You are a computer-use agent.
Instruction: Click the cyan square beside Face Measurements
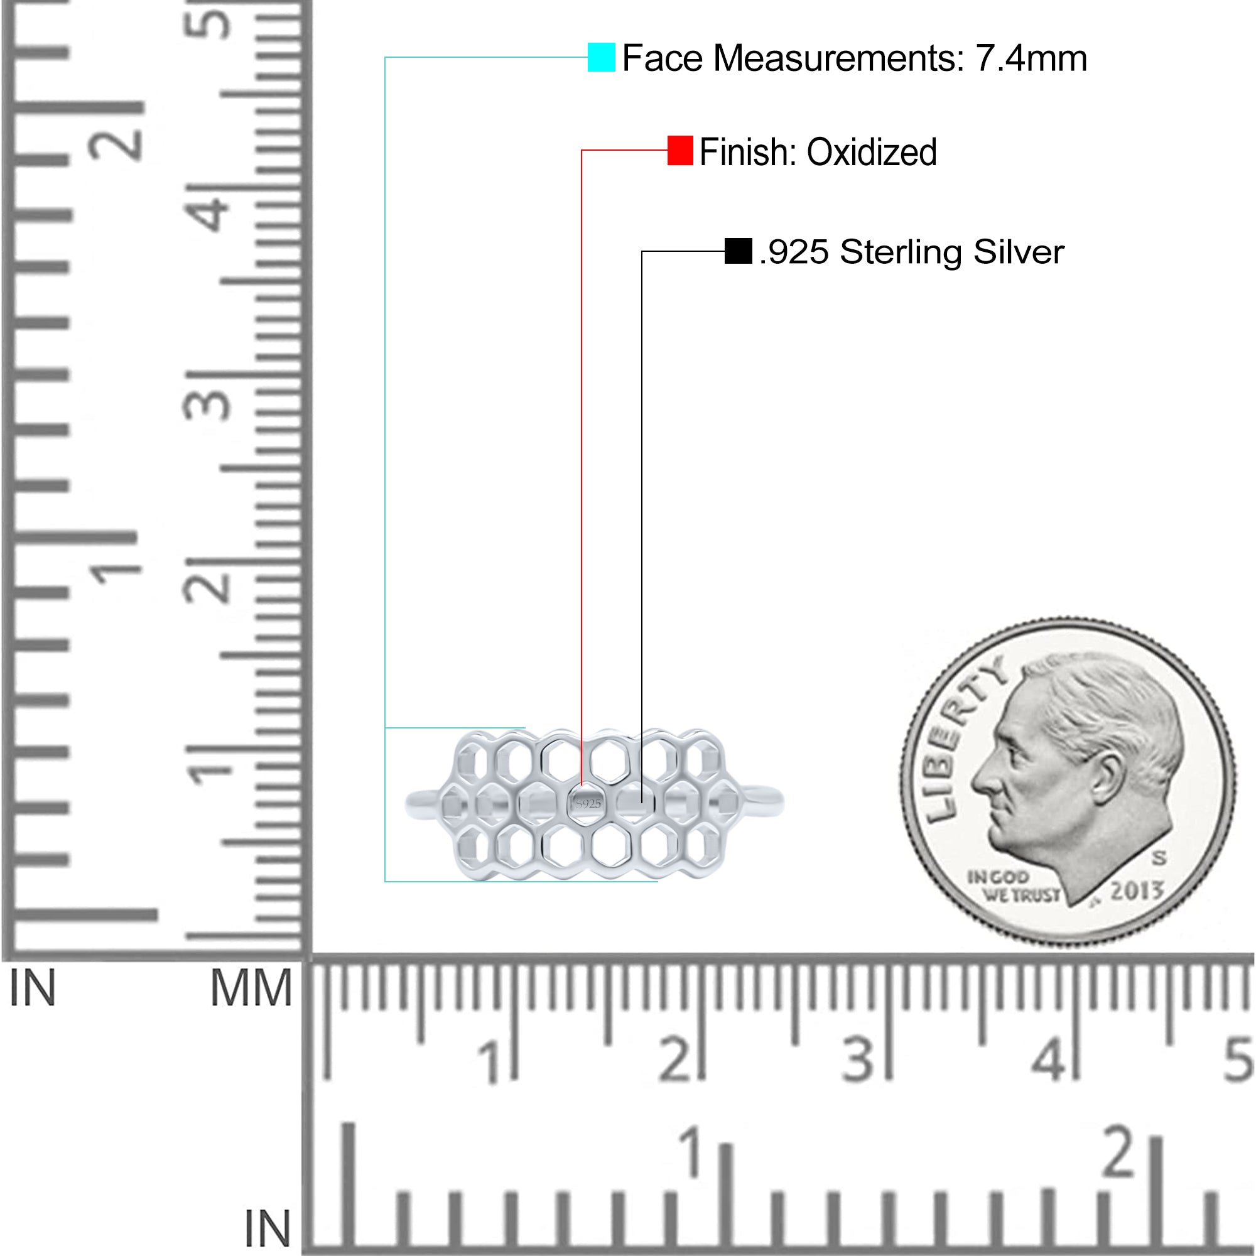coord(602,57)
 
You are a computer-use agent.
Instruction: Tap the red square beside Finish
coord(680,150)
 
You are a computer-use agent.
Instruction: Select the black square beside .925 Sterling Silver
coord(739,251)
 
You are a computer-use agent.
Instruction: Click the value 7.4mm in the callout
coord(1031,58)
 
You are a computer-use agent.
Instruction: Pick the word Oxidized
coord(872,152)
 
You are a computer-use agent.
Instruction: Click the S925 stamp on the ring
coord(588,804)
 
